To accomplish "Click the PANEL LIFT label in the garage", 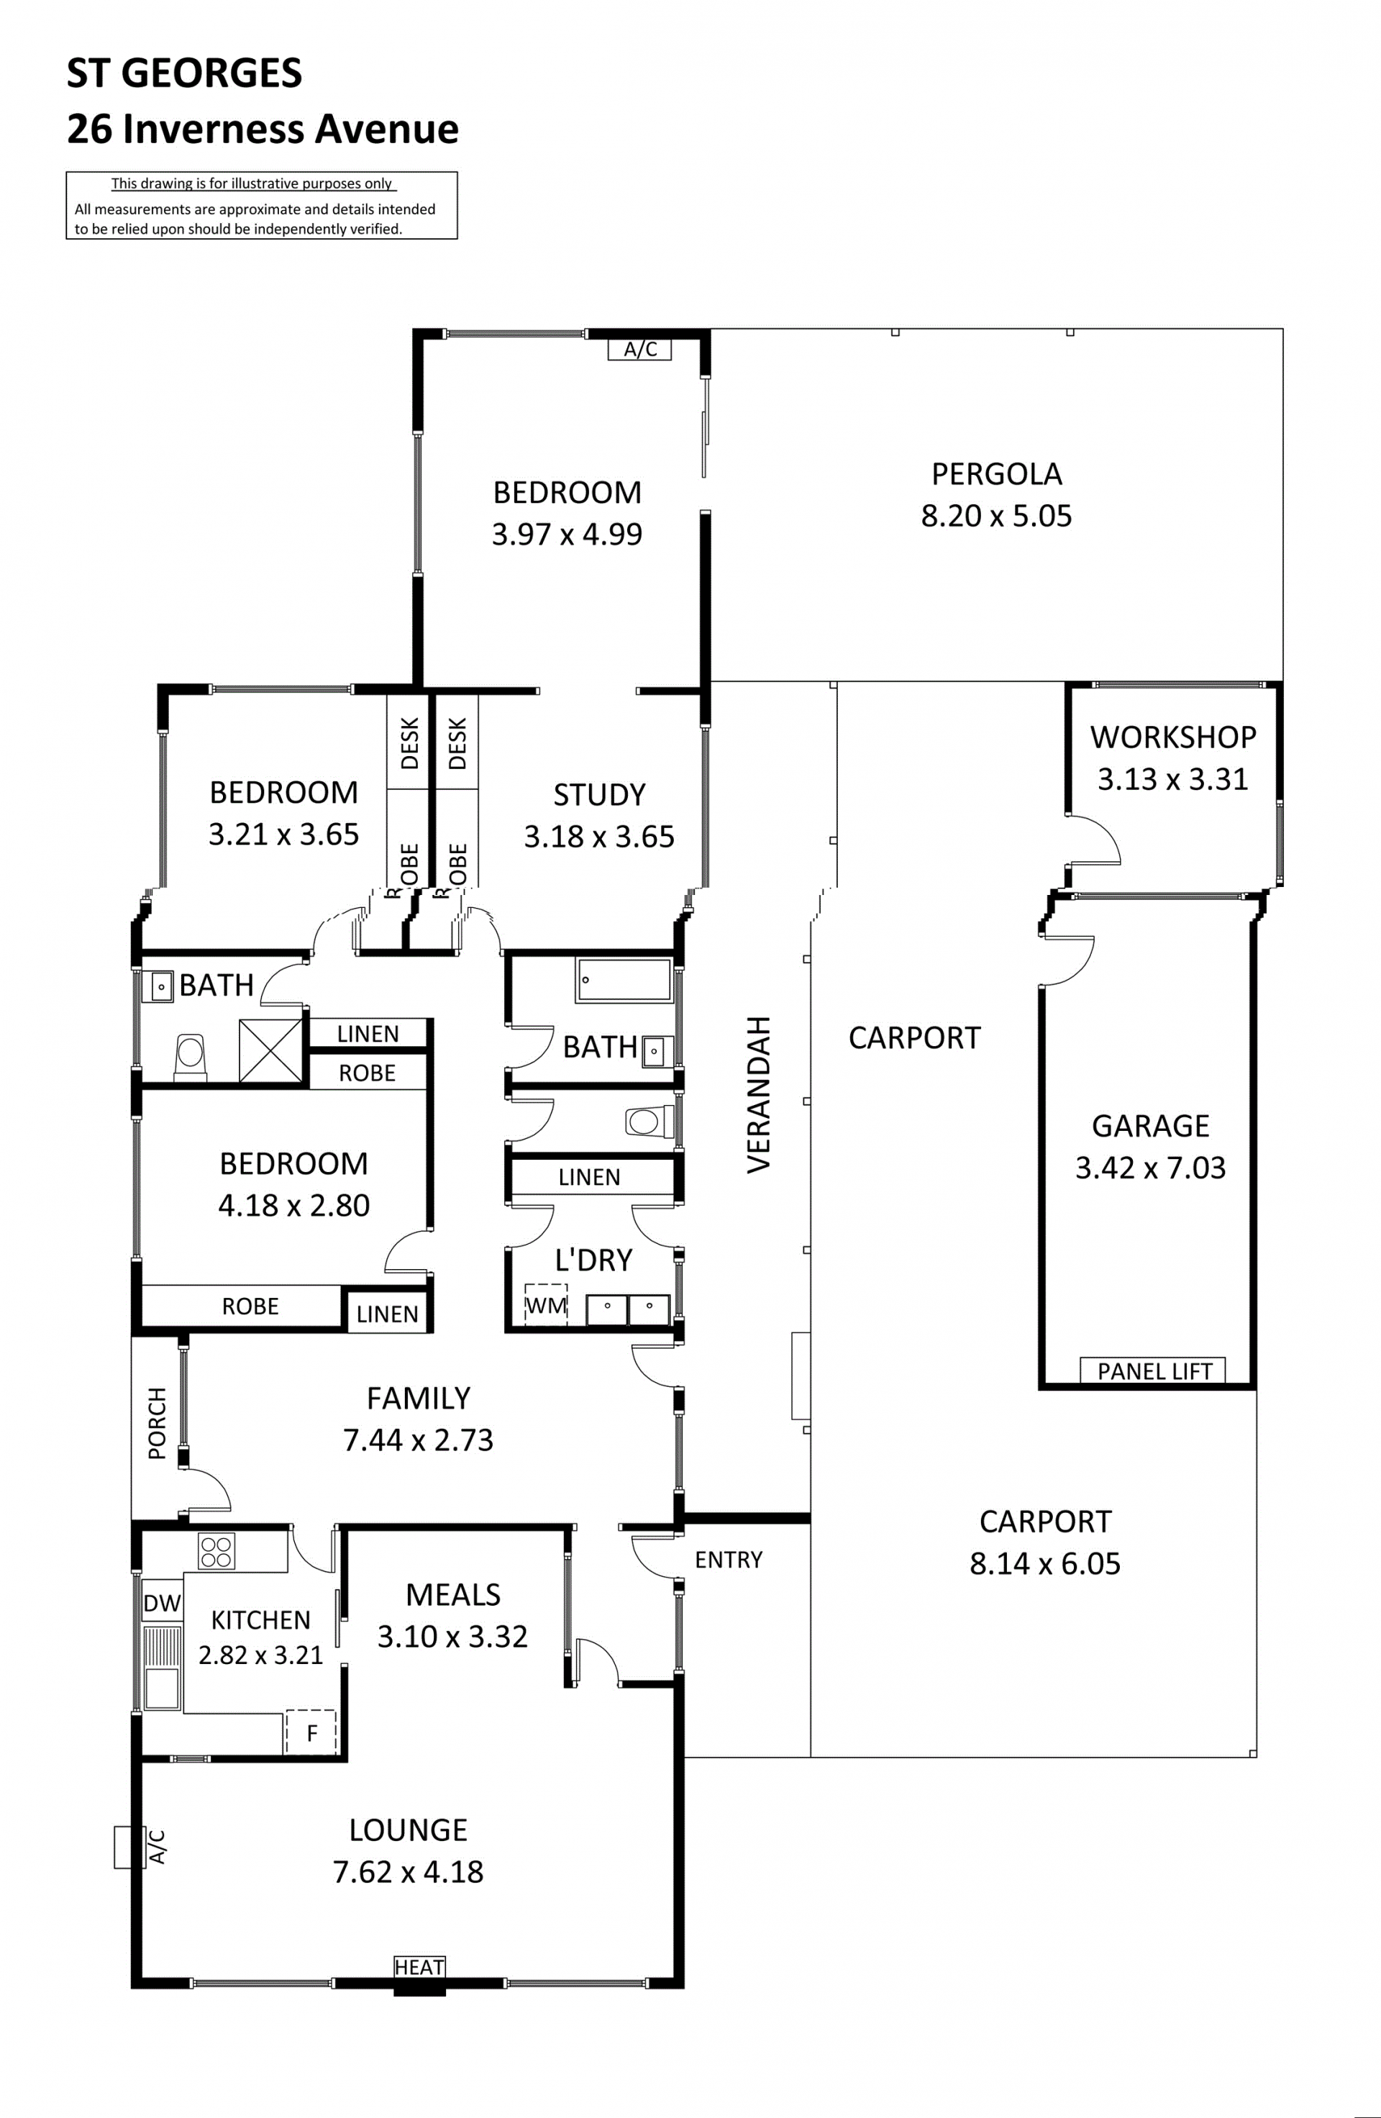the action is click(x=1153, y=1371).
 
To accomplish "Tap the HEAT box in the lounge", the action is click(x=419, y=1967).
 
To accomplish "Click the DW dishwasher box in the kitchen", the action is click(x=162, y=1604).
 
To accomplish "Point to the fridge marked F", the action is click(x=311, y=1732).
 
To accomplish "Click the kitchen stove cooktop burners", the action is click(x=217, y=1552).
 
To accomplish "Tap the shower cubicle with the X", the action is click(x=270, y=1050).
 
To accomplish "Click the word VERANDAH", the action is click(x=758, y=1094).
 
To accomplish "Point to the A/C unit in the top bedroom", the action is click(x=639, y=349).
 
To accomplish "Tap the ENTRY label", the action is click(x=728, y=1559).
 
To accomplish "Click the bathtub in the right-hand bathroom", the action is click(x=623, y=980).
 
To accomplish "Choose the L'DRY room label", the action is click(x=593, y=1260).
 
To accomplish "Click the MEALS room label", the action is click(x=453, y=1595).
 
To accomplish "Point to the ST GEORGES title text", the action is click(x=184, y=73).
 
